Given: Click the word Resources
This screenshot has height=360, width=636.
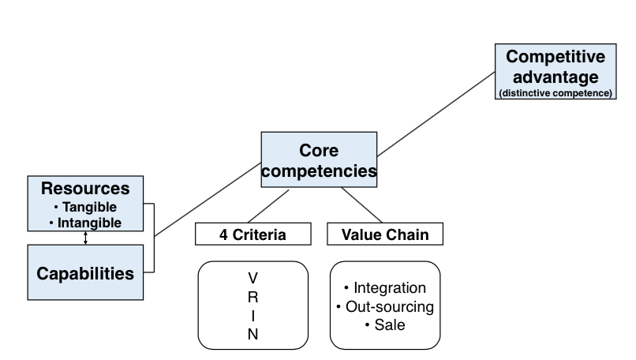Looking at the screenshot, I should click(x=85, y=189).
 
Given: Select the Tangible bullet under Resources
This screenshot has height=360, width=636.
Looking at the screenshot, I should click(x=85, y=207).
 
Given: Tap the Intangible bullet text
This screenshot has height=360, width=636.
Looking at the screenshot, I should click(x=85, y=223).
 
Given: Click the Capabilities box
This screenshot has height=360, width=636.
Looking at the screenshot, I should click(x=85, y=273).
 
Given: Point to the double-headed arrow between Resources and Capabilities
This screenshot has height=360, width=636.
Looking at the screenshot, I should click(x=85, y=238).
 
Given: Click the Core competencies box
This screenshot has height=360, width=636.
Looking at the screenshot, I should click(x=319, y=159).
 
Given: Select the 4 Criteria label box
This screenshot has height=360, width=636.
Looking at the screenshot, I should click(x=253, y=234).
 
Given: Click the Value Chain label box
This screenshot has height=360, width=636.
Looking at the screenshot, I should click(x=385, y=234).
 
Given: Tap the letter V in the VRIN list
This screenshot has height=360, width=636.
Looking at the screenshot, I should click(x=253, y=278).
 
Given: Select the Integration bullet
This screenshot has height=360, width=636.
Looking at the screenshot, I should click(x=384, y=288).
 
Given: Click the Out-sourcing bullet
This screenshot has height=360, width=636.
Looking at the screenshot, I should click(x=384, y=306).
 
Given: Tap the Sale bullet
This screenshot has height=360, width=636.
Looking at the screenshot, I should click(x=384, y=324).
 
